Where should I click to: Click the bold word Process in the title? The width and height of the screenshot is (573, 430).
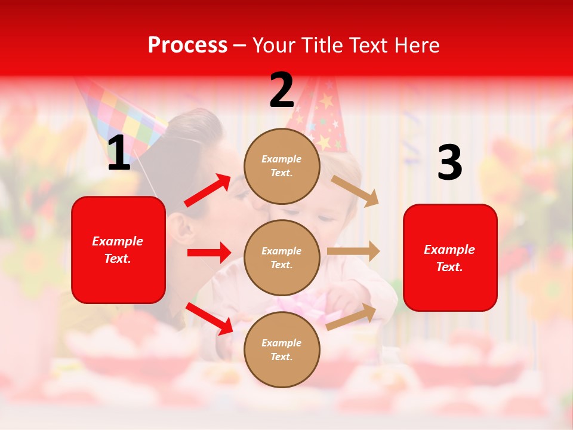click(x=187, y=45)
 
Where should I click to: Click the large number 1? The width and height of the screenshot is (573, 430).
click(x=119, y=154)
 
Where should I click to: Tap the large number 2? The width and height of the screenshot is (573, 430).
click(x=282, y=90)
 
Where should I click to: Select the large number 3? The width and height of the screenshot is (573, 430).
click(x=449, y=163)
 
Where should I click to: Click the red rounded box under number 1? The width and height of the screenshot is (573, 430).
click(x=118, y=250)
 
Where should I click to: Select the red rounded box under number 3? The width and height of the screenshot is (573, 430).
click(x=450, y=258)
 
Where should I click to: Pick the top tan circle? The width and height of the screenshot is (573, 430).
click(x=282, y=166)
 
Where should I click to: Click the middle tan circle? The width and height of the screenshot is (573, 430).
click(x=282, y=257)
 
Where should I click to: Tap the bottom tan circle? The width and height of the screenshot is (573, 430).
click(x=282, y=349)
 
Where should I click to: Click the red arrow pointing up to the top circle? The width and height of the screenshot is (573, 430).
click(x=208, y=191)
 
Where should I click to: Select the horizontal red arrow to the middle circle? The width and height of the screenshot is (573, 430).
click(x=209, y=253)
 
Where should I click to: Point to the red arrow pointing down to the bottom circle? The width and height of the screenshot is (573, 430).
click(x=210, y=319)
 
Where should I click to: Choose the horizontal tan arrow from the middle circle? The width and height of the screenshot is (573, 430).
click(x=353, y=251)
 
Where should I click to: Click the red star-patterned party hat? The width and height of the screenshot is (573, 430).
click(x=323, y=116)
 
